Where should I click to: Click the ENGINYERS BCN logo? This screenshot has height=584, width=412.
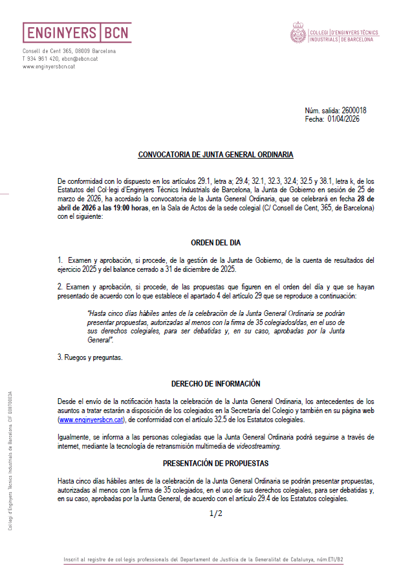76,33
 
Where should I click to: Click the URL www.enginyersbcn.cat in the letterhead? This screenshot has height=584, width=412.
49,66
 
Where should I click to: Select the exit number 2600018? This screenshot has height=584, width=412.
353,111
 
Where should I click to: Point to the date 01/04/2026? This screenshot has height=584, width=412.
343,118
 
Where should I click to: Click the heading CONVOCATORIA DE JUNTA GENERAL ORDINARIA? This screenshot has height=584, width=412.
215,155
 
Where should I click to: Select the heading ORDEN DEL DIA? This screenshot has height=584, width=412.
215,243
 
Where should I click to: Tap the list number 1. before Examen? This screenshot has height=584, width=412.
60,260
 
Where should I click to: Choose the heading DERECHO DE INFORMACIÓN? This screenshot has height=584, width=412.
215,383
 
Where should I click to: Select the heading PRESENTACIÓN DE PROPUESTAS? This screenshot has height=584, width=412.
215,464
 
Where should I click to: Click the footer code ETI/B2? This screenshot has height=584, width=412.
335,559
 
